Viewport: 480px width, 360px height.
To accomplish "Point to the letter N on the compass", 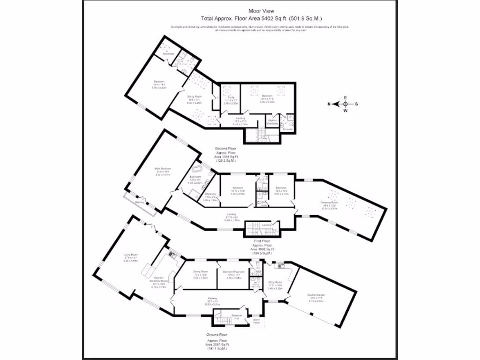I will pyautogui.click(x=330, y=104).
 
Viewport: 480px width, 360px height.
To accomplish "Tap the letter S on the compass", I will pyautogui.click(x=357, y=104).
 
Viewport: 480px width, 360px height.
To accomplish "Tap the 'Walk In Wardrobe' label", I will pyautogui.click(x=272, y=122).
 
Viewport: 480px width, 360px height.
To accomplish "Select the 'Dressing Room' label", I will pyautogui.click(x=329, y=202).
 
